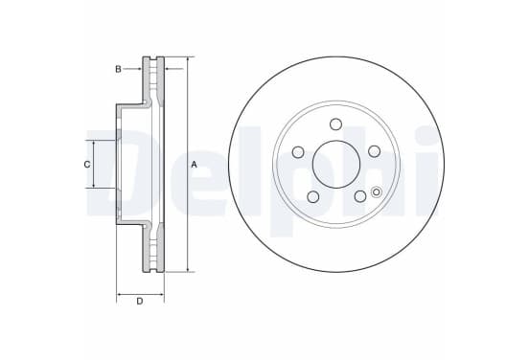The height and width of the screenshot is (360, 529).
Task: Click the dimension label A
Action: click(194, 165)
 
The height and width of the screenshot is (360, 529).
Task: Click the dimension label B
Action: click(118, 69)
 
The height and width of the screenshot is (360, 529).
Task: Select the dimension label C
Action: click(87, 165)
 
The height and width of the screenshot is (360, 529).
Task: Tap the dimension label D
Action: click(140, 301)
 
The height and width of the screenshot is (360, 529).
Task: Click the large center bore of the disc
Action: click(336, 165)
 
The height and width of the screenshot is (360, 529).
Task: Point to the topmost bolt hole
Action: click(335, 124)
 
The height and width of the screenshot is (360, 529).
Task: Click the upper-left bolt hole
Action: click(298, 152)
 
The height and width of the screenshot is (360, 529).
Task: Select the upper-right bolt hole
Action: click(374, 151)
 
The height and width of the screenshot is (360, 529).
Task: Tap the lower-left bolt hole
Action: click(313, 197)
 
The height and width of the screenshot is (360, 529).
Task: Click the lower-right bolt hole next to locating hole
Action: click(360, 196)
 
